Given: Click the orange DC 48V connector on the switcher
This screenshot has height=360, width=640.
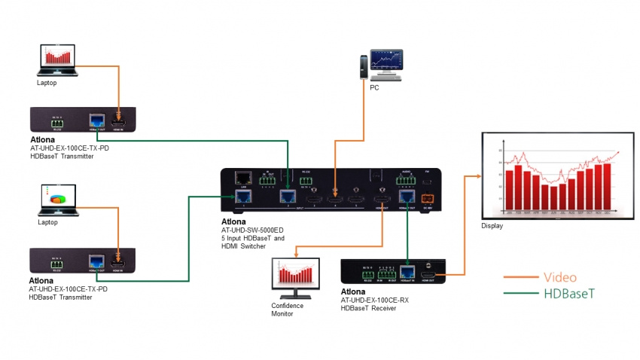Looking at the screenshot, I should click(428, 197).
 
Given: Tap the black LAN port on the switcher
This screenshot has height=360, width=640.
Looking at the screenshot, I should click(242, 178).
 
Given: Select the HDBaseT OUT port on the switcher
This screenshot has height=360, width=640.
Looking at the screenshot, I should click(407, 197).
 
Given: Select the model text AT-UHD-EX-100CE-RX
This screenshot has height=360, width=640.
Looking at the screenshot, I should click(374, 300).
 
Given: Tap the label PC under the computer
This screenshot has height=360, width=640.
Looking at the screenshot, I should click(373, 87).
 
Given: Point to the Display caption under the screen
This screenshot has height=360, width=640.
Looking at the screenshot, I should click(492, 226).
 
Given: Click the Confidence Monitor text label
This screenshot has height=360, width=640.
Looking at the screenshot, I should click(288, 310).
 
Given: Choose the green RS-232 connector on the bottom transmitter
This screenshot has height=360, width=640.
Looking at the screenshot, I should click(56, 261).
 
